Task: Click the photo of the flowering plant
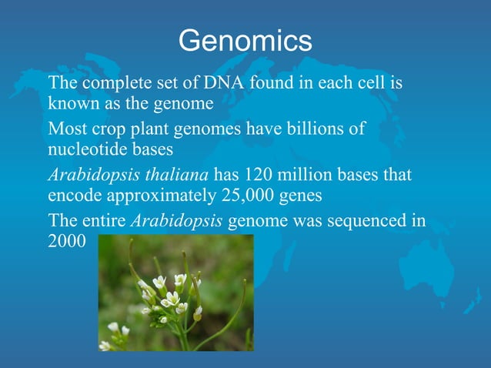pyautogui.click(x=175, y=293)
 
